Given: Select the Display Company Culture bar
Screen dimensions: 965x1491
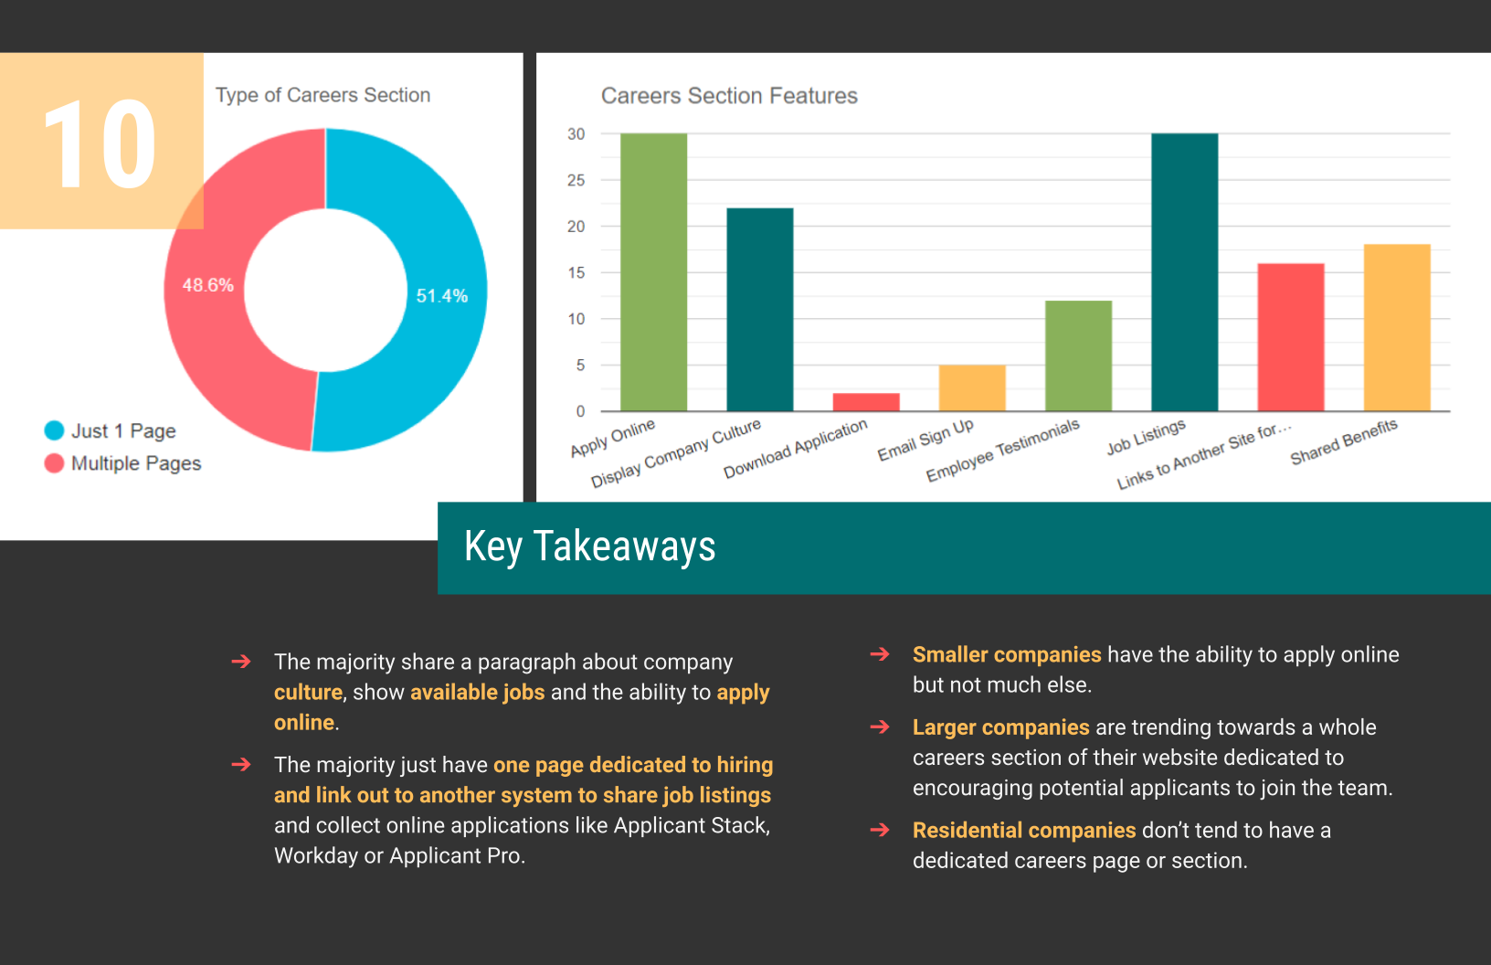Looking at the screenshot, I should click(x=759, y=310).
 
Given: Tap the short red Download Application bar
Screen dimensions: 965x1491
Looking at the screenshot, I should click(x=866, y=402).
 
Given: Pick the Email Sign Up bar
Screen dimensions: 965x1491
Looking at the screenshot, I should click(x=972, y=388).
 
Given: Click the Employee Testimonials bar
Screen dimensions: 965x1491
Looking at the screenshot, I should click(x=1078, y=355).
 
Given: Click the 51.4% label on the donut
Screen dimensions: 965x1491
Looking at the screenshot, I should click(x=442, y=296).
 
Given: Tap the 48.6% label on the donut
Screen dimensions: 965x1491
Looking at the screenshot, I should click(x=208, y=285).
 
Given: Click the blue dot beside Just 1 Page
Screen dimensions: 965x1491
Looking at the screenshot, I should click(x=54, y=430).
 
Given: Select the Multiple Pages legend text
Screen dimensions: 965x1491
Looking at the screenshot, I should click(x=136, y=463).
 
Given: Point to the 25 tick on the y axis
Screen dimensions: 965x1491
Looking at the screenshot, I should click(x=576, y=180).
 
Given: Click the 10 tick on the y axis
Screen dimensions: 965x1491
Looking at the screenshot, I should click(x=576, y=319).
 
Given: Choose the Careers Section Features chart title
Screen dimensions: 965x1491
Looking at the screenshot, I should click(x=729, y=96).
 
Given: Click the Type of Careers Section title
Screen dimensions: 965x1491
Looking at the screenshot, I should click(x=323, y=95).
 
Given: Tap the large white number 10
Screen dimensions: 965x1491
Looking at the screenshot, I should click(x=100, y=144).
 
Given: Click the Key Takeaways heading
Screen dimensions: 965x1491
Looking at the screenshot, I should click(x=589, y=546).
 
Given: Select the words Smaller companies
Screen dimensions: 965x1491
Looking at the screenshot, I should click(x=1007, y=654).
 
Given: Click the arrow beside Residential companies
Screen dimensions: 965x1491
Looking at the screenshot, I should click(x=880, y=830).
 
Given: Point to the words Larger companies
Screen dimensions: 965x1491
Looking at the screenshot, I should click(x=1000, y=727).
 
